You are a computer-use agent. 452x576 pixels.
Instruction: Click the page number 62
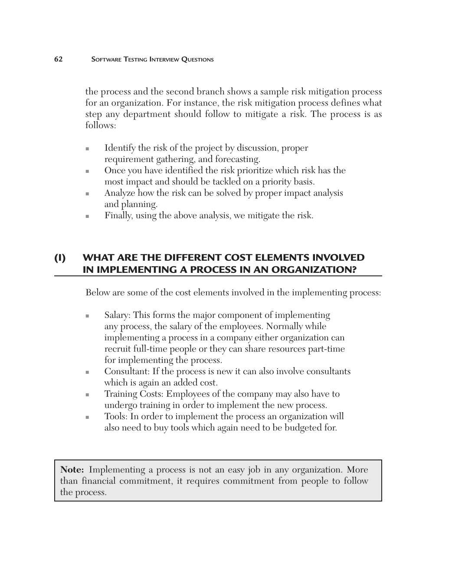pos(58,59)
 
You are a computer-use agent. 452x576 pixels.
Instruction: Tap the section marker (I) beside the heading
pos(60,258)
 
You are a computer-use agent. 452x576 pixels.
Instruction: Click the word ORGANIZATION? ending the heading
pos(314,270)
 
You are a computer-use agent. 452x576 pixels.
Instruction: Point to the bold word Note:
pos(72,470)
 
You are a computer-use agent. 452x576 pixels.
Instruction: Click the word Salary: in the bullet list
pos(117,315)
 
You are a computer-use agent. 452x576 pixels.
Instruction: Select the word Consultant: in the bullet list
pos(127,372)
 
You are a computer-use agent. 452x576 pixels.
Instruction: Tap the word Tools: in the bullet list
pos(115,417)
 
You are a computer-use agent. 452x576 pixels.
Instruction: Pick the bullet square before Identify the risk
pos(87,149)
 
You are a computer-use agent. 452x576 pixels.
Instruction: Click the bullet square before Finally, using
pos(87,216)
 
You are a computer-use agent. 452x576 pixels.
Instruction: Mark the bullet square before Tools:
pos(87,417)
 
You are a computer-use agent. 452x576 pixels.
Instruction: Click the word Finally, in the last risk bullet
pos(118,216)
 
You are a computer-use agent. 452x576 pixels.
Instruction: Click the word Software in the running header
pos(106,59)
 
